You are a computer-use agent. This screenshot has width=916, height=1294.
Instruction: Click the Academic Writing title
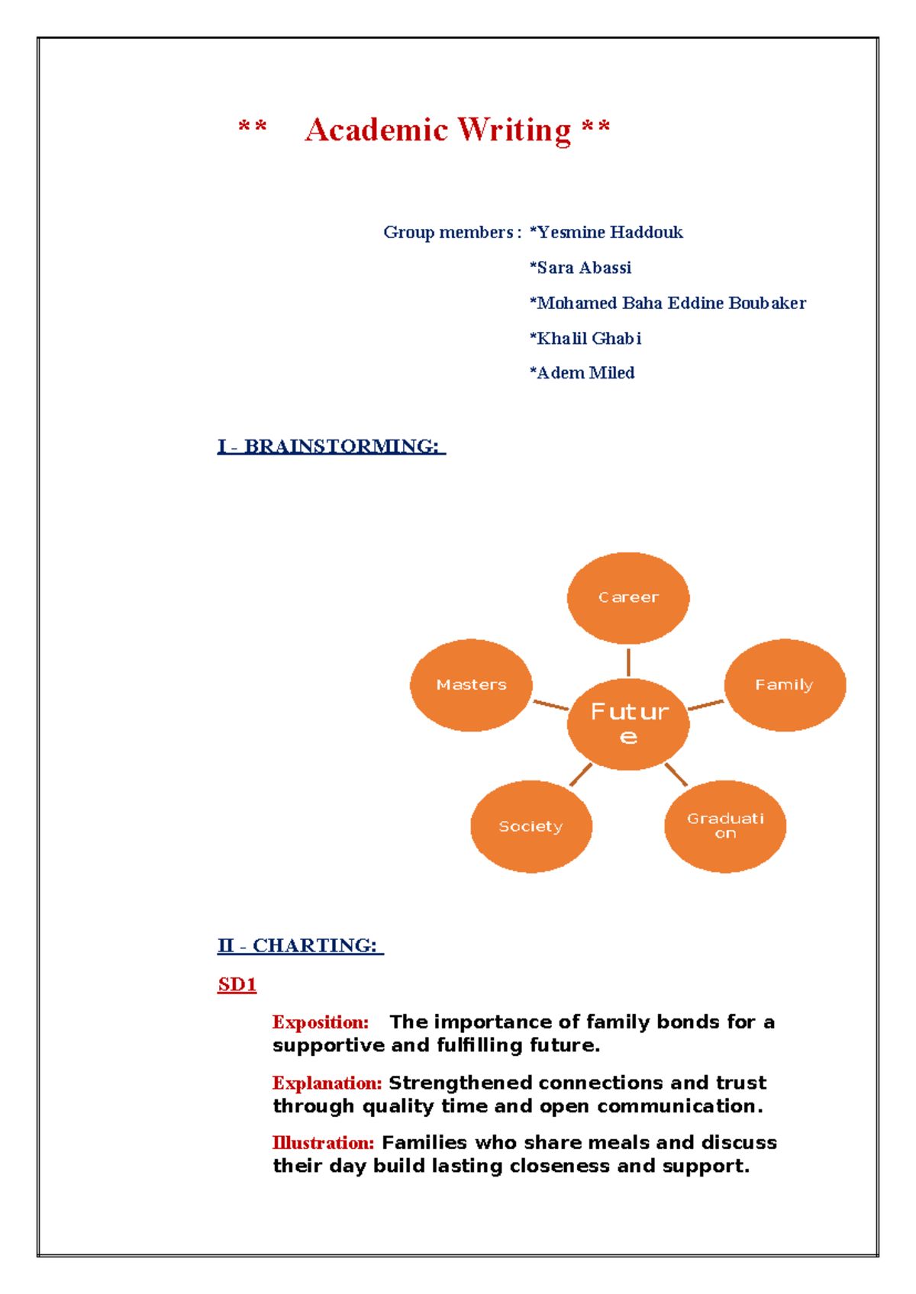pos(437,130)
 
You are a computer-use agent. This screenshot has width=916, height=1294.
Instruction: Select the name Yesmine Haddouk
pos(607,232)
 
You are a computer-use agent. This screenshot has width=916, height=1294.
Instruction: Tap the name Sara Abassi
pos(582,268)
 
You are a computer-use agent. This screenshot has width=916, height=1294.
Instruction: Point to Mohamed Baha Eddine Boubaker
pos(669,303)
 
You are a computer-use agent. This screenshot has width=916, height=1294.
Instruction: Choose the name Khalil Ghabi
pos(586,338)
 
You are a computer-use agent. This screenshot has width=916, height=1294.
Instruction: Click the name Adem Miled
pos(583,373)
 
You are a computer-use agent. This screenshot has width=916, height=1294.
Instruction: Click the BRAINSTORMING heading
pos(331,446)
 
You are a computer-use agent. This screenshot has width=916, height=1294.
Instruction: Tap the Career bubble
pos(628,597)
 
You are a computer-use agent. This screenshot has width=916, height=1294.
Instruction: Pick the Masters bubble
pos(471,684)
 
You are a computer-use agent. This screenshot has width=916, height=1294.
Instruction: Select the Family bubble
pos(785,684)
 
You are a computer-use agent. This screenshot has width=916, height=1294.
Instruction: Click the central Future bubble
pos(628,723)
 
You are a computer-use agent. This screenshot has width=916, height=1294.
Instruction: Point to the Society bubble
pos(531,826)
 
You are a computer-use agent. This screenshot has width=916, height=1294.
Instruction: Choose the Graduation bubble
pos(725,826)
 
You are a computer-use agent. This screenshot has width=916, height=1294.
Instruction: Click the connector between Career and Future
pos(628,661)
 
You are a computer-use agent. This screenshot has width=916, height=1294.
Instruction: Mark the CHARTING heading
pos(300,946)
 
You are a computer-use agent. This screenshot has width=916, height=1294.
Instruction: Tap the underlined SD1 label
pos(237,985)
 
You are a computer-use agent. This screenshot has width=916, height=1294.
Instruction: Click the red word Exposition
pos(321,1022)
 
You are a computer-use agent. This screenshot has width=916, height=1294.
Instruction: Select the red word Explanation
pos(327,1083)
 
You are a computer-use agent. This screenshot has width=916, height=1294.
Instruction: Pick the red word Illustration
pos(323,1143)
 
